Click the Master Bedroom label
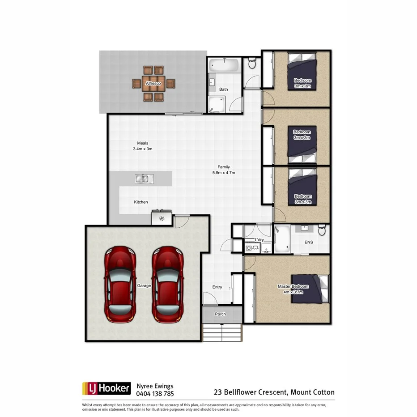click(x=293, y=289)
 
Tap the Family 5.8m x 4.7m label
click(x=224, y=170)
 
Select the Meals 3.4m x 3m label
click(x=143, y=146)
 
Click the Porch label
click(x=221, y=314)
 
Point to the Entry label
click(x=217, y=287)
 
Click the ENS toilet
click(x=322, y=230)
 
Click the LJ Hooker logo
click(x=106, y=388)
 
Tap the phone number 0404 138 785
click(x=155, y=394)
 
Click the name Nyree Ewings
click(x=155, y=386)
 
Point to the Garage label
click(x=143, y=285)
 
